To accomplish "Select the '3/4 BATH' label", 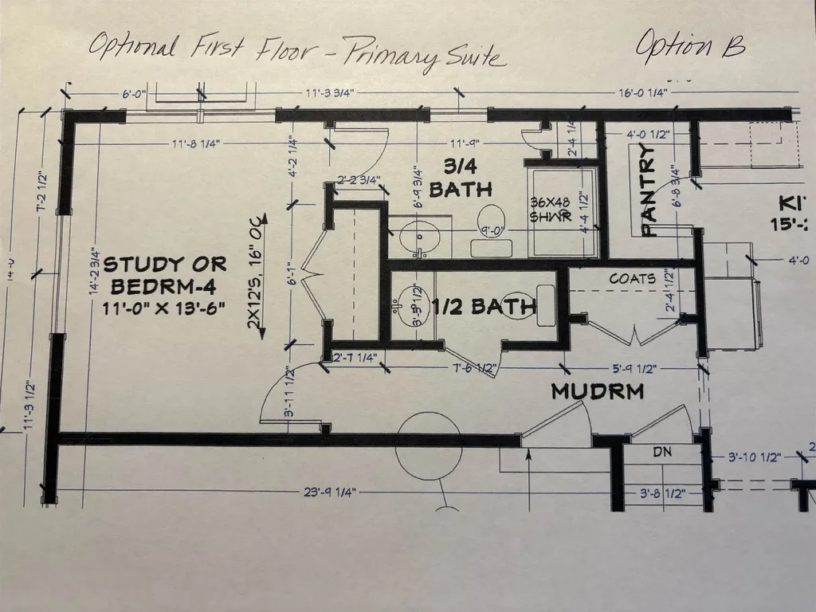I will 460,178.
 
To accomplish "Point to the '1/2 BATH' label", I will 483,305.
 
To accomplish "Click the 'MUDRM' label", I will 597,392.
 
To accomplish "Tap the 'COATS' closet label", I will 633,280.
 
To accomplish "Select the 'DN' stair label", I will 662,452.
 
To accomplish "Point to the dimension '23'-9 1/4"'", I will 328,493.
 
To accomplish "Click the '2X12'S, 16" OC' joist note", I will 257,271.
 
